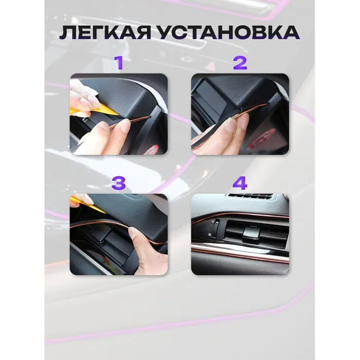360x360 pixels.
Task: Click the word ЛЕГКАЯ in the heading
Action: pos(105,32)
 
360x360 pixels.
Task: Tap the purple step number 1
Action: pos(119,63)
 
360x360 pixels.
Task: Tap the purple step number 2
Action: pos(240,63)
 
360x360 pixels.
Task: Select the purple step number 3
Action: pos(118,183)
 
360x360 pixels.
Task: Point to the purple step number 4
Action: pos(240,183)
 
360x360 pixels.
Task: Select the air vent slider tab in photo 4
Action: pos(251,232)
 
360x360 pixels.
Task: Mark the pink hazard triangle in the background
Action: pos(211,66)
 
